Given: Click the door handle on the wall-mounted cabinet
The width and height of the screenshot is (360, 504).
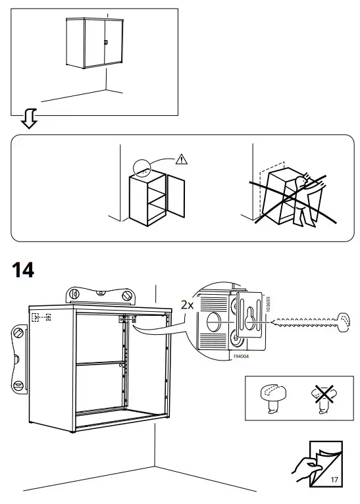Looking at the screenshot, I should click(105, 43).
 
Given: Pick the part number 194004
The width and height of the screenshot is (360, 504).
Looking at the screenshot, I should click(223, 355).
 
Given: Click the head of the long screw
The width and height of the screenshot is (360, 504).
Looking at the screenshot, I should click(345, 323).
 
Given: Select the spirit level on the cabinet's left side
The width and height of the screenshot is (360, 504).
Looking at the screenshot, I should click(18, 358).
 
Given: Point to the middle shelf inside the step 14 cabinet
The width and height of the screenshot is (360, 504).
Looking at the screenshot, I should click(99, 363).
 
